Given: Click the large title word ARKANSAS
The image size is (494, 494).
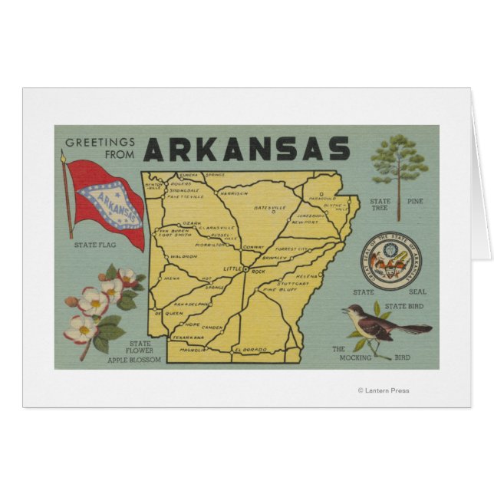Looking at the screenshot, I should point(246,148).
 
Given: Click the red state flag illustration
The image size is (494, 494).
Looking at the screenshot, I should point(106,202).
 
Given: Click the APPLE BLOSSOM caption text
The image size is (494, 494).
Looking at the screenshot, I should point(135,359).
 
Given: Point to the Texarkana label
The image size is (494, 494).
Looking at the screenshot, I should point(188,337).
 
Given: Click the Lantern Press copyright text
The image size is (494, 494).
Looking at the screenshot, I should point(383,390).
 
